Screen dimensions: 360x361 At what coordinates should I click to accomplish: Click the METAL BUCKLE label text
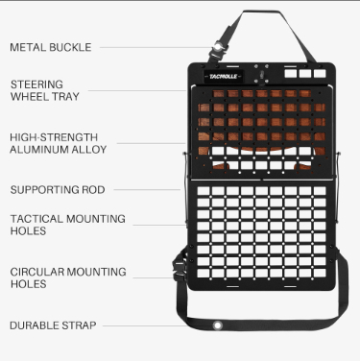pos(51,47)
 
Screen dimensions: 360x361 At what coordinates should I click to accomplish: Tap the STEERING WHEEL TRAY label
pos(45,90)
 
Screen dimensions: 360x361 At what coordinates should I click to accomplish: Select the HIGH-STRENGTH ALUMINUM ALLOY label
pos(59,143)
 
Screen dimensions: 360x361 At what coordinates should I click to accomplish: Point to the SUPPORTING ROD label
pos(58,190)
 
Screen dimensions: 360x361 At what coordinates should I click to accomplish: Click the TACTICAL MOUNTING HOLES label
pos(68,225)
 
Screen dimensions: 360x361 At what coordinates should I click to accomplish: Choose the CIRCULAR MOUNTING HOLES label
pos(68,277)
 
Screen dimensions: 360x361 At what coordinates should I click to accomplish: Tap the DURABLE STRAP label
pos(53,325)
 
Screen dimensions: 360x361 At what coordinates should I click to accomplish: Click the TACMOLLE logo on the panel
pos(224,77)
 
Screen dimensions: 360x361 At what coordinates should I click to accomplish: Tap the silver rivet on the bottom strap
pos(217,325)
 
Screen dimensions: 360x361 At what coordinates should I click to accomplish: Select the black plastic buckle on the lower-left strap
pos(179,270)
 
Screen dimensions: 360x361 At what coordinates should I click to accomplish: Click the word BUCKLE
pos(70,47)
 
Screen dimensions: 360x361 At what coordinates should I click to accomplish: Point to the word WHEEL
pos(29,96)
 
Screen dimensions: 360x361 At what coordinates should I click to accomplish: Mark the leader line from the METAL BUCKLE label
pos(156,47)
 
